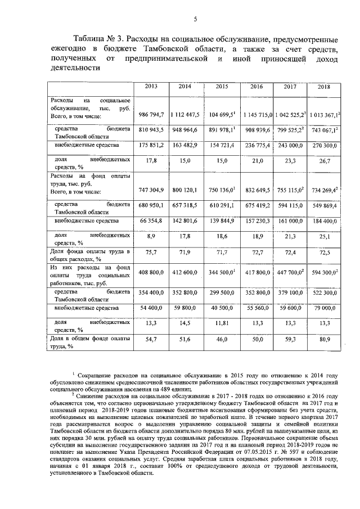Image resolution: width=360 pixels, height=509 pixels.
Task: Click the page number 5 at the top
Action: [x=194, y=19]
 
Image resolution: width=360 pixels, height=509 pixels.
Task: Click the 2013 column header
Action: [x=151, y=87]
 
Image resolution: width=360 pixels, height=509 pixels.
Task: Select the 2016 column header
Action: [x=256, y=87]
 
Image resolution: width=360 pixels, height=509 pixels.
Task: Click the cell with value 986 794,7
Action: [x=151, y=115]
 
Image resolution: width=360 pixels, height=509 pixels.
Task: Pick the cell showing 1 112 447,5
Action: [x=185, y=115]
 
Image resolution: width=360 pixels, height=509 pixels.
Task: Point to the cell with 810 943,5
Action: [x=151, y=129]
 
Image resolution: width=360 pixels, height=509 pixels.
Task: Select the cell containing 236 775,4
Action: [x=256, y=145]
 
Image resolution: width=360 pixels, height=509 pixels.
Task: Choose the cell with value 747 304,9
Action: [x=151, y=190]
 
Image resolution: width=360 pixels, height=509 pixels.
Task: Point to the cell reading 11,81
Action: [x=222, y=323]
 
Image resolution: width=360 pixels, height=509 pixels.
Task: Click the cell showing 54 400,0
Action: [x=151, y=308]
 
